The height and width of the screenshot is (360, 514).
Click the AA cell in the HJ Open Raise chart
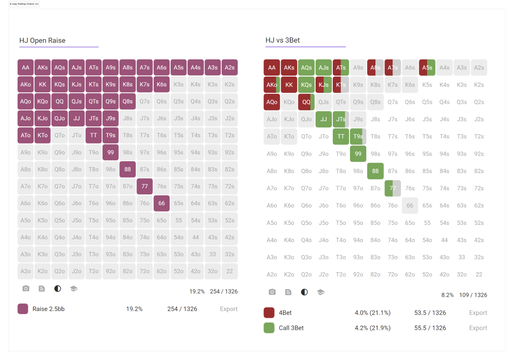pos(25,68)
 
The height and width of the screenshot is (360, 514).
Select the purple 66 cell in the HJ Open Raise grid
pos(161,203)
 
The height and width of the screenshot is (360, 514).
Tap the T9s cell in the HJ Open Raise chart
pos(111,135)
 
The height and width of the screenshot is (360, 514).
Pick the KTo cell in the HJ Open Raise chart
pos(43,135)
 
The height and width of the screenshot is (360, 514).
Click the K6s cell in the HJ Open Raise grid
pos(161,84)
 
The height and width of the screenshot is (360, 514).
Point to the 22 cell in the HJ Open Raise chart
pos(229,271)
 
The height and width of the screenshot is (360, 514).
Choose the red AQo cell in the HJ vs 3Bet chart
pos(272,102)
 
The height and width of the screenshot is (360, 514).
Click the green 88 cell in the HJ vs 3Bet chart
pos(375,171)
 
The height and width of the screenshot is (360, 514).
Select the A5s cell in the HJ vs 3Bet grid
pos(427,68)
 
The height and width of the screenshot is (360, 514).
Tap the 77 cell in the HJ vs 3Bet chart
pos(393,188)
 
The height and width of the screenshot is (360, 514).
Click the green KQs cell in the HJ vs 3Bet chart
pos(306,85)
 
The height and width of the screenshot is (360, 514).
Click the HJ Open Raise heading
pos(42,40)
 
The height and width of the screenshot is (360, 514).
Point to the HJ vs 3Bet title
pos(282,40)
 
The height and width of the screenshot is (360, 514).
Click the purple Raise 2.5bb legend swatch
pos(23,309)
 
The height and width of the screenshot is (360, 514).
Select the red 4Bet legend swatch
pos(269,313)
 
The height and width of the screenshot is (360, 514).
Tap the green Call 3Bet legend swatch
pos(269,328)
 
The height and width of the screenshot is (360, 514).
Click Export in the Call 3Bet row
pos(478,328)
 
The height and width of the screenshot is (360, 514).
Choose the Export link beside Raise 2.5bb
pos(229,309)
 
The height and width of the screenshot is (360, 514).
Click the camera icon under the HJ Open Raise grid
pos(26,289)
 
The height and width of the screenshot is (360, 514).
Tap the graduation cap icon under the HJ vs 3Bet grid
pos(321,292)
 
